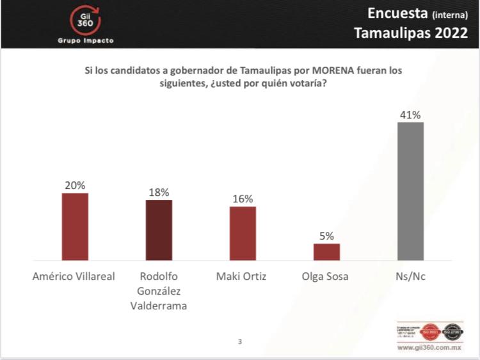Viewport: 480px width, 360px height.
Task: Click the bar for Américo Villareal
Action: click(75, 226)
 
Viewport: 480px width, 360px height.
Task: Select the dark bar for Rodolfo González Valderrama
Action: click(159, 230)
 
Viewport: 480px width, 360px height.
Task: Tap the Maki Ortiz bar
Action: click(243, 233)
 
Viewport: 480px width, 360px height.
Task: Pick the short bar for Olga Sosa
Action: click(326, 252)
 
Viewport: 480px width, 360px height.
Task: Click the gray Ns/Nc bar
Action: click(410, 191)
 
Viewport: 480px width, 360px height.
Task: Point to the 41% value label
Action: click(410, 115)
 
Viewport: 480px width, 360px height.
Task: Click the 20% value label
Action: click(74, 185)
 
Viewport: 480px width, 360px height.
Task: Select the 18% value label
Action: click(159, 192)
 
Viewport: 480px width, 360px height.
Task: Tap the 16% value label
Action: click(243, 199)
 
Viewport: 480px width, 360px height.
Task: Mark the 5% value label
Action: click(326, 236)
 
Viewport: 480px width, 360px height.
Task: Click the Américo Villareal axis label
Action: click(75, 277)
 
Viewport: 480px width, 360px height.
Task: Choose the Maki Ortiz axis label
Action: click(243, 277)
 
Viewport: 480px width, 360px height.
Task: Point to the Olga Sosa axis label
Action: click(326, 277)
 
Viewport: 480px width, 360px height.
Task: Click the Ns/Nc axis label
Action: click(410, 277)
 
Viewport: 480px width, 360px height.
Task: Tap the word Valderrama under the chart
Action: click(159, 306)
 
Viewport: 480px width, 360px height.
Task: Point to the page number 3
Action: click(240, 341)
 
